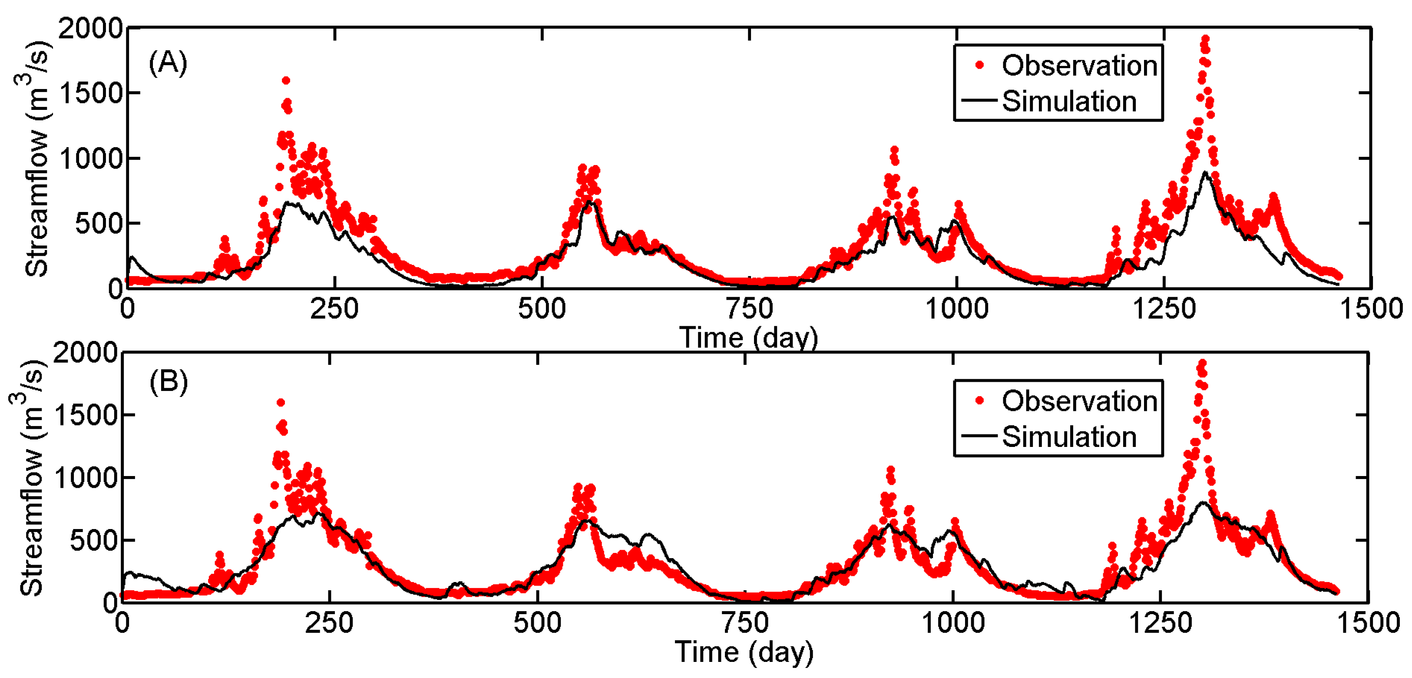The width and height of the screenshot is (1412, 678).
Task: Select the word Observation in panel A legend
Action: tap(1079, 66)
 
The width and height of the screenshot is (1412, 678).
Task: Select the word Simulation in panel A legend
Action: tap(1069, 101)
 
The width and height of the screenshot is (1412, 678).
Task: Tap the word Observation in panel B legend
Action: tap(1079, 401)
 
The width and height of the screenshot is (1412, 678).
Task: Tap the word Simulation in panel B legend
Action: tap(1069, 437)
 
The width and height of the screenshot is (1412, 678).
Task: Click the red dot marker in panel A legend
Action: tap(979, 66)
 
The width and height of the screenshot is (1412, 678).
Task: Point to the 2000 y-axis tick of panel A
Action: tap(91, 29)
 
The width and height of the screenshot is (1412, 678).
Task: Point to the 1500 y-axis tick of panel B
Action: tap(86, 415)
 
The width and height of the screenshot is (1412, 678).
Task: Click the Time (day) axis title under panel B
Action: tap(744, 652)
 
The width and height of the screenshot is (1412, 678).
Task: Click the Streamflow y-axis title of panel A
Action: tap(36, 159)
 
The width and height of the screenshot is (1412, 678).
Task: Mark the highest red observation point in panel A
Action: tap(1205, 40)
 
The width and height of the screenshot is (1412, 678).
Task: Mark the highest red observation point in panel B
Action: tap(1201, 364)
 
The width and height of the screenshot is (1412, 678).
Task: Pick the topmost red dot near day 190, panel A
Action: tap(286, 81)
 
